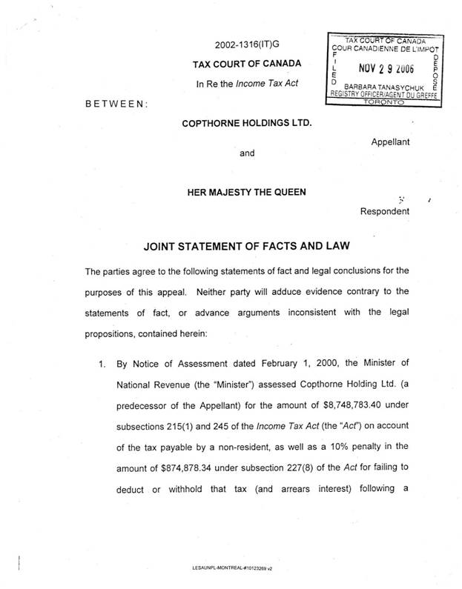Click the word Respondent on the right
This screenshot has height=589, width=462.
tap(384, 211)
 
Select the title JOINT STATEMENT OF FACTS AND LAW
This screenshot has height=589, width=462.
tap(245, 245)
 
